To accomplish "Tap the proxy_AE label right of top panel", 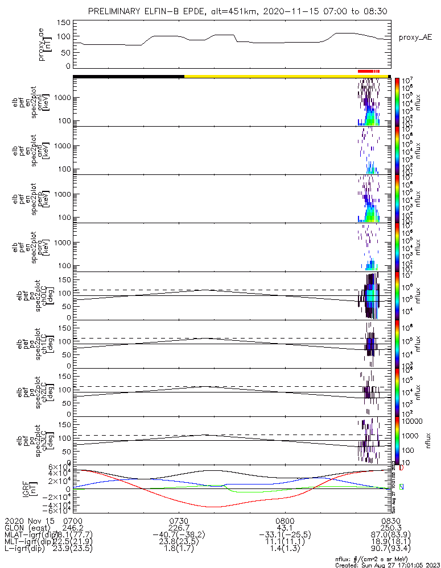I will click(415, 37).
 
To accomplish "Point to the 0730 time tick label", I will click(179, 520).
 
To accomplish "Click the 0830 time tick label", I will click(390, 520).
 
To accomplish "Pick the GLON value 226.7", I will click(179, 528).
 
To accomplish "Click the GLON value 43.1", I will click(285, 528).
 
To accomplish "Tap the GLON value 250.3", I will click(390, 528).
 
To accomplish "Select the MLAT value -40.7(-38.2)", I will click(179, 535).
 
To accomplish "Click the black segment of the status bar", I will click(128, 76).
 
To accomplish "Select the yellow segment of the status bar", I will click(285, 76).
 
